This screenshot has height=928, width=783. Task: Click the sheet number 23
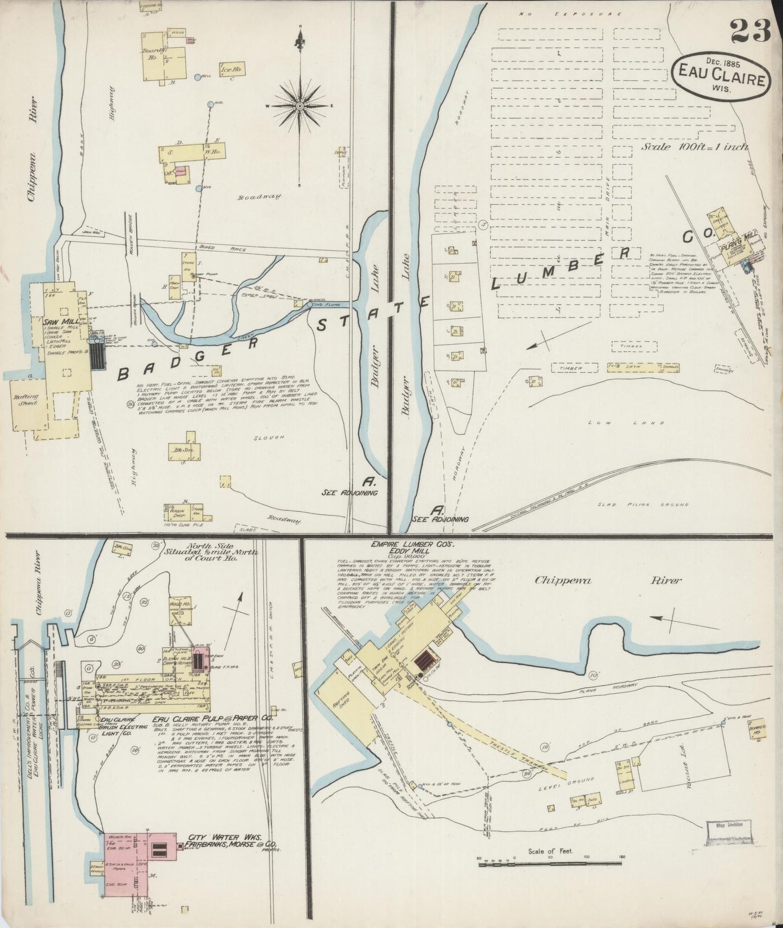tap(750, 31)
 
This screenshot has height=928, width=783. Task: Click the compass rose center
tap(299, 106)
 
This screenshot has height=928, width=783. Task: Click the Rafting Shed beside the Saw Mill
tap(25, 400)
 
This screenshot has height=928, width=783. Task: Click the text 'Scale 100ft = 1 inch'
tap(695, 147)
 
